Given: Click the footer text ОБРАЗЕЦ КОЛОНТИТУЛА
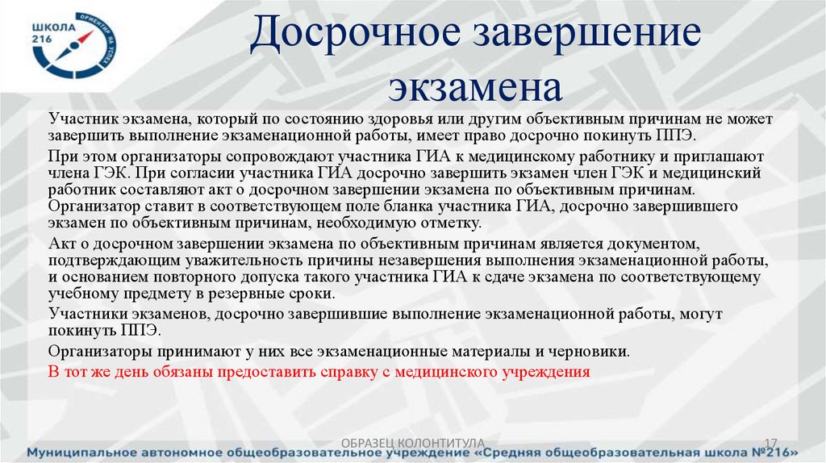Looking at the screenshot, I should pyautogui.click(x=413, y=442).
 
